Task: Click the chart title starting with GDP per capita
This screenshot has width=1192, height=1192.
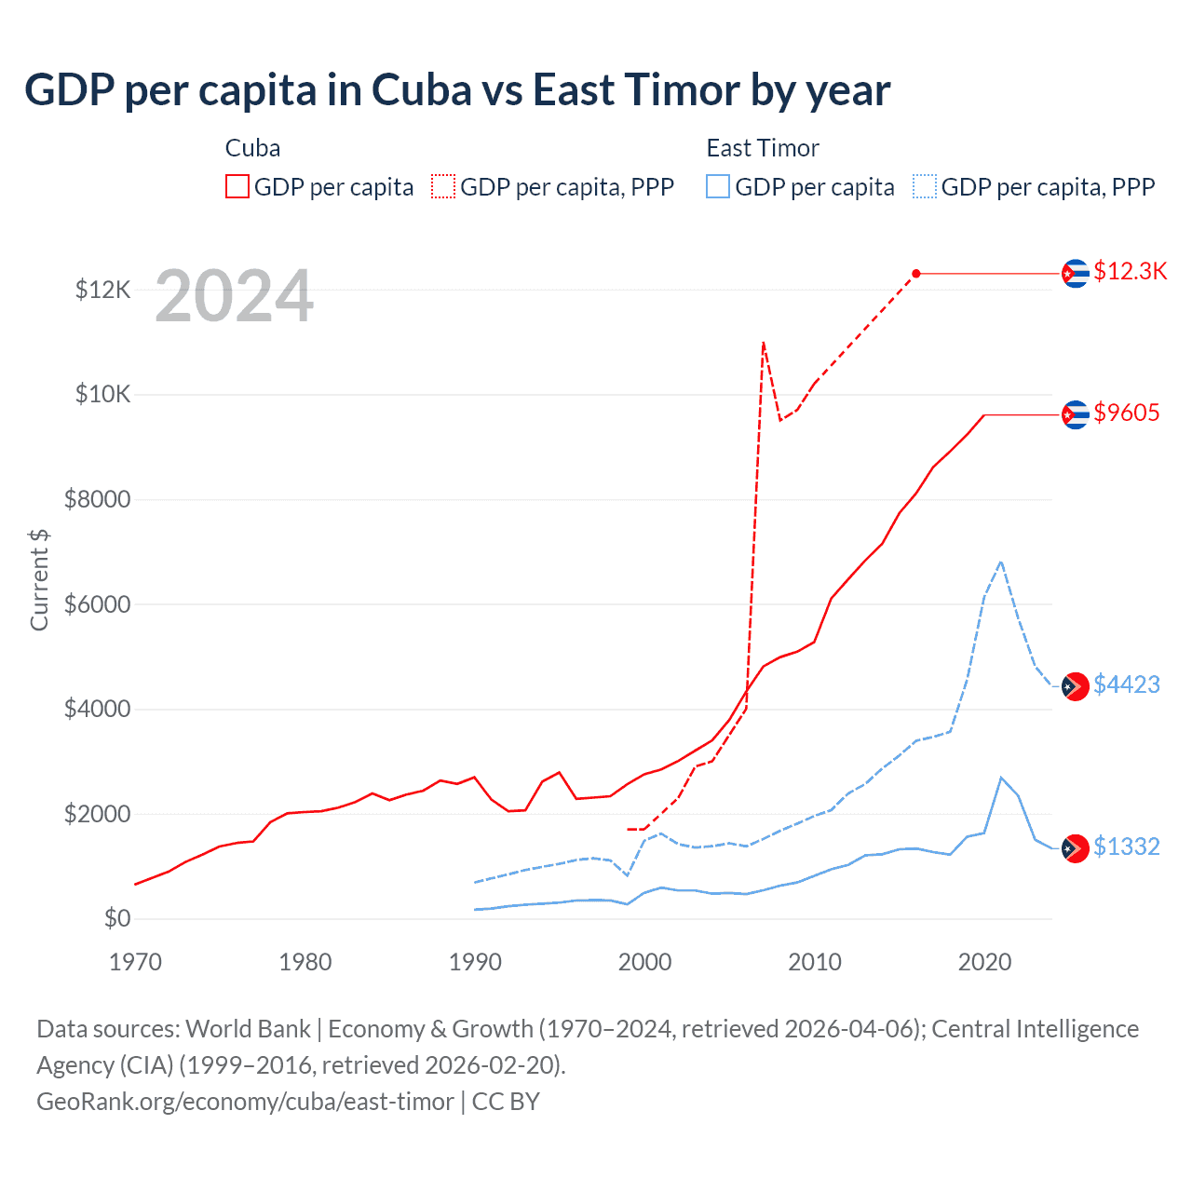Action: [x=457, y=90]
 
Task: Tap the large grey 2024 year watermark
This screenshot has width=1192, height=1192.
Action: [x=234, y=297]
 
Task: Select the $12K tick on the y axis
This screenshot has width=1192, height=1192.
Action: [x=102, y=290]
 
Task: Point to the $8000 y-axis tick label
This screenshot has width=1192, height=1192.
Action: [x=97, y=500]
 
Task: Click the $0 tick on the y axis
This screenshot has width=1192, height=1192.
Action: [x=116, y=919]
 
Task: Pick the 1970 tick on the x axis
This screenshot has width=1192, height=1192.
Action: [x=136, y=962]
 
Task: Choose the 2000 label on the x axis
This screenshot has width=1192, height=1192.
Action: [x=644, y=962]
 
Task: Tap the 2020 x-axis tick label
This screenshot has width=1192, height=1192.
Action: [x=984, y=962]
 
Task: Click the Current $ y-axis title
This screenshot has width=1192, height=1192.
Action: [x=39, y=579]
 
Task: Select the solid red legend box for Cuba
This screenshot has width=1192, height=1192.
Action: [x=237, y=187]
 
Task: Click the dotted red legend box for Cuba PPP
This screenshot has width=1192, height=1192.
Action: [x=443, y=187]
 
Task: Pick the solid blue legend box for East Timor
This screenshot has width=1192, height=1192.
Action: [x=718, y=187]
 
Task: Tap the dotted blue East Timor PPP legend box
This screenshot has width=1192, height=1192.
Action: [x=925, y=187]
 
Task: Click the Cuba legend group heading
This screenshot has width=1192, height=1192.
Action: [x=252, y=148]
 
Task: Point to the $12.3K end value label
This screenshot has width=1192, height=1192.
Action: [x=1130, y=271]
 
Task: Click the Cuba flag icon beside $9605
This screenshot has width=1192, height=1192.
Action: [x=1076, y=414]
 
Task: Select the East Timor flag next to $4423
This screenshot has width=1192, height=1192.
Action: [x=1076, y=686]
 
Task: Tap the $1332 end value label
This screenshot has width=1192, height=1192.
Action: [x=1126, y=847]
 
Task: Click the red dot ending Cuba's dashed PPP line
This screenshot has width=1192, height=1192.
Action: [x=916, y=273]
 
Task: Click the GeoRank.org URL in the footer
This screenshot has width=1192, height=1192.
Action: [x=245, y=1102]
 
